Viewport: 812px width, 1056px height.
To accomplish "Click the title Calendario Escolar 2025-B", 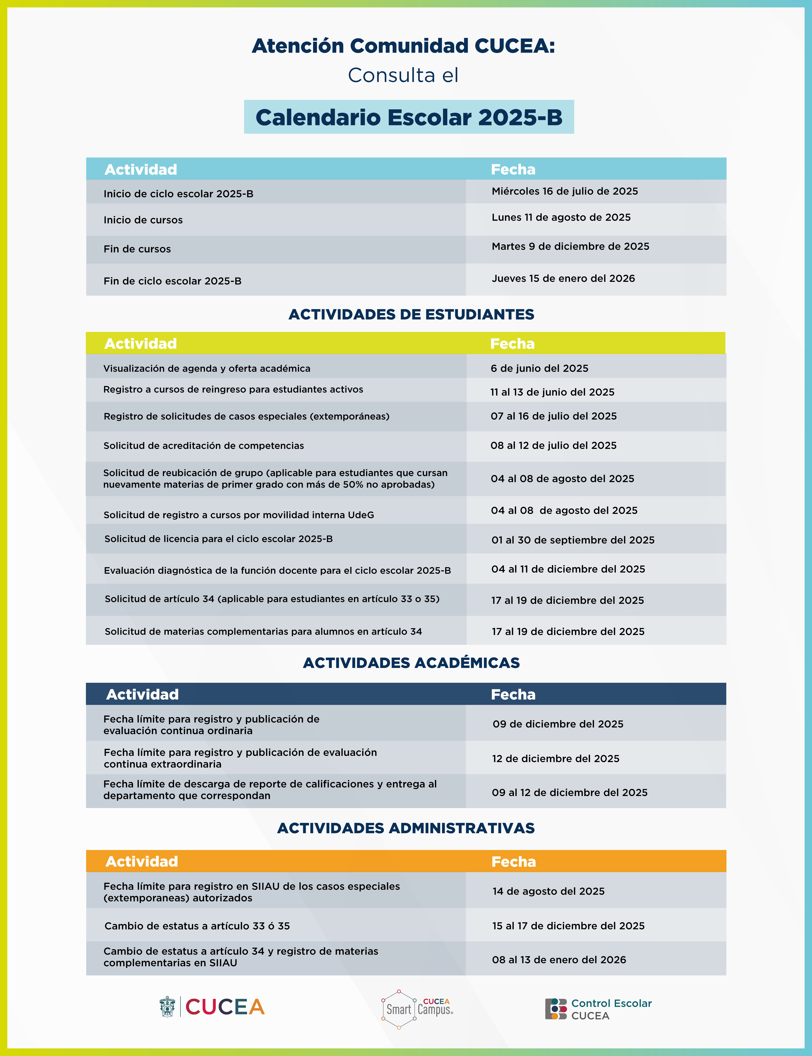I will (409, 118).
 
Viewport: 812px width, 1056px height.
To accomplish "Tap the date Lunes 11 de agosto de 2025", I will (561, 218).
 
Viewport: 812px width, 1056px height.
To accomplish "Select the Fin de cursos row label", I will (137, 249).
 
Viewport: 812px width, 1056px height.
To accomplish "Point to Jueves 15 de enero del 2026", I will (563, 279).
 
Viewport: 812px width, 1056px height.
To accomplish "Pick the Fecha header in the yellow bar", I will (512, 344).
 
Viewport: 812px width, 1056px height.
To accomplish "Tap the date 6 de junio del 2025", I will (539, 368).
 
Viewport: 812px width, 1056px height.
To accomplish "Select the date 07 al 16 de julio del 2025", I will (553, 416).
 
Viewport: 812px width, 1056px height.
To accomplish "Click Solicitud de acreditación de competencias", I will (203, 446).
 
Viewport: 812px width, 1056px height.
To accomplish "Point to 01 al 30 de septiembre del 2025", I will (573, 540).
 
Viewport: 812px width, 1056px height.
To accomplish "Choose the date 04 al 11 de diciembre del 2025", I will (568, 569).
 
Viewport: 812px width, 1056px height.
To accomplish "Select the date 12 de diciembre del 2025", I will (555, 759).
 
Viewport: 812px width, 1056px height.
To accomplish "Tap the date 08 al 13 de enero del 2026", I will (559, 960).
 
